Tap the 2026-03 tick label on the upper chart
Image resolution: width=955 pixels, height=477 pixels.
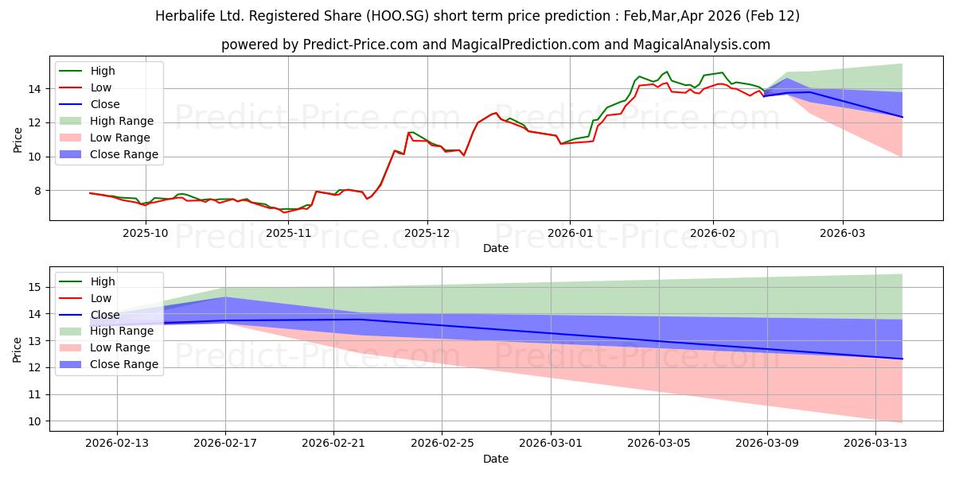[843, 233]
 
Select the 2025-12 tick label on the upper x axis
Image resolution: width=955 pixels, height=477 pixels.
[427, 233]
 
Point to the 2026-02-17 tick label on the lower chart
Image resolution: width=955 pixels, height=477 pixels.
[225, 444]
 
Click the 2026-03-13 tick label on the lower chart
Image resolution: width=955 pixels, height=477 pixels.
[876, 444]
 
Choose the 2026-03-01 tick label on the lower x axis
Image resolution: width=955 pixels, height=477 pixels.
[551, 444]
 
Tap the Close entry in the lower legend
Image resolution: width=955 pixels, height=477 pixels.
[105, 314]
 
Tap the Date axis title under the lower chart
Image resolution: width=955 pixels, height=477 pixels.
[495, 459]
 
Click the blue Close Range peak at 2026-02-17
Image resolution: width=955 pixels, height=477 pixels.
[225, 297]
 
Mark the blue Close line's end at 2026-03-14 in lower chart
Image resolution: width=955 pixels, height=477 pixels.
[902, 359]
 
